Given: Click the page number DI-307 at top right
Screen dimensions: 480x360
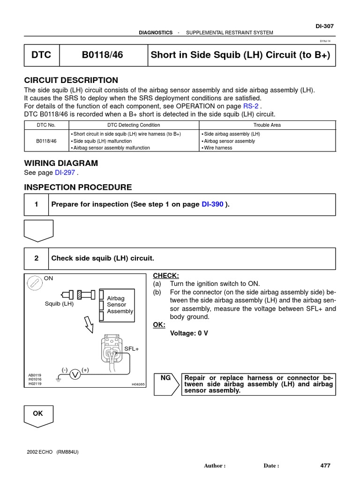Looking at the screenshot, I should tap(324, 26).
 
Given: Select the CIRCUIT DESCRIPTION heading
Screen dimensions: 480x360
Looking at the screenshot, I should tap(71, 80).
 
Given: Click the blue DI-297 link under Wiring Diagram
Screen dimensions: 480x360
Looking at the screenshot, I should tap(65, 172).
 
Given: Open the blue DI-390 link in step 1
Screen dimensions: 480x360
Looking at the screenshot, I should tap(212, 204).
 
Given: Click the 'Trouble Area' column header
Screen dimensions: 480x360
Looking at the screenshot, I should tap(267, 125).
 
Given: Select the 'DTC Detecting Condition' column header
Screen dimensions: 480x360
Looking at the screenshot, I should tap(134, 125).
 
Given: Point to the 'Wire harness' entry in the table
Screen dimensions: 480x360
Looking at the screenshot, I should tap(218, 148).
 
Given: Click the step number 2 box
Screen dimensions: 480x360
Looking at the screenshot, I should tap(36, 258).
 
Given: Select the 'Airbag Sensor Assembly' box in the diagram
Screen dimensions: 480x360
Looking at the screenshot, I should tap(118, 304).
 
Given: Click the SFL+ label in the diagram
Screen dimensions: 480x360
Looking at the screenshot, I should tap(131, 349).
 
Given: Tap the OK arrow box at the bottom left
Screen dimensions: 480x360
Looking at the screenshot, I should tap(38, 415).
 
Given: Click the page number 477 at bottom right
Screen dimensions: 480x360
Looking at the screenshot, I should tap(325, 465).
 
